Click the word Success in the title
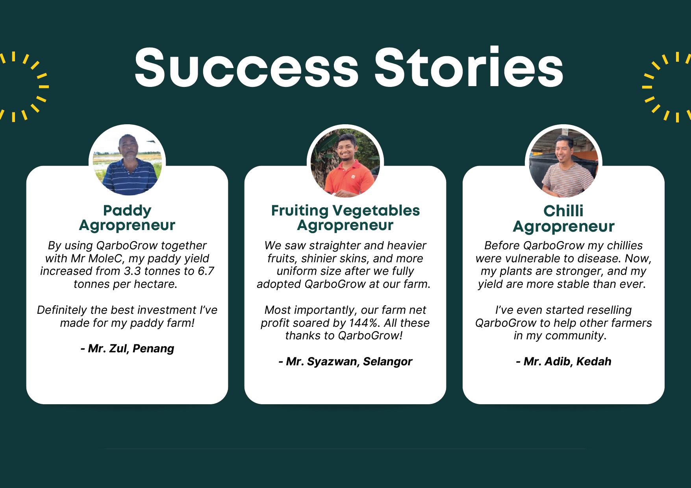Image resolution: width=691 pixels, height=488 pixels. click(x=246, y=67)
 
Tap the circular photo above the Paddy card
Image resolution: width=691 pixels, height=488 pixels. click(x=127, y=162)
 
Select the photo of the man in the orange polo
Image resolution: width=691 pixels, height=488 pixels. click(x=345, y=162)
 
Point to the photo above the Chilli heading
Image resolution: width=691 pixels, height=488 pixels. click(x=563, y=162)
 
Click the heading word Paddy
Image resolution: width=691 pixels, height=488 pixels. click(x=127, y=211)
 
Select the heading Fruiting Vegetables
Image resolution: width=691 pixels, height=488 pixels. click(x=345, y=211)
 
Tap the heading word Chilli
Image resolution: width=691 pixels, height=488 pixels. click(x=563, y=211)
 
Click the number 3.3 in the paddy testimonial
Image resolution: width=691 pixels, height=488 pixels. click(x=132, y=271)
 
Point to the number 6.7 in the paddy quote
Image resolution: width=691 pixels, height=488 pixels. click(x=206, y=271)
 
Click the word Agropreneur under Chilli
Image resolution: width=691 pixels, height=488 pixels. click(x=563, y=227)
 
